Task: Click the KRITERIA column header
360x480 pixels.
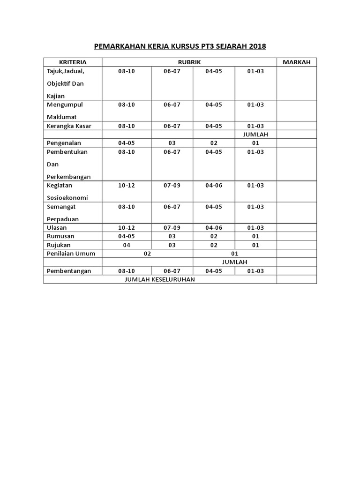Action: pos(73,62)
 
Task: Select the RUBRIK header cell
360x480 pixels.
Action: pos(189,62)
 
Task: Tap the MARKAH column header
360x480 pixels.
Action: pos(296,62)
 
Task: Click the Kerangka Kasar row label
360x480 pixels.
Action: pos(69,126)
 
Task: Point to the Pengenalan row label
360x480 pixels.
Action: pos(65,143)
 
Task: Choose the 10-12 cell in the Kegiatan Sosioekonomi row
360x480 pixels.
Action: pos(126,186)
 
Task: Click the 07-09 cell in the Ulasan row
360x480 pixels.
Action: pos(172,228)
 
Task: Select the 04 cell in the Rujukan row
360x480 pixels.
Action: pos(126,245)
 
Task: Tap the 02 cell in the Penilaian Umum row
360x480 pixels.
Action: pos(148,254)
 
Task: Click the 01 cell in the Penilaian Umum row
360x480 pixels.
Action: pos(235,254)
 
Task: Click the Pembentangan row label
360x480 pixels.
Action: pos(68,271)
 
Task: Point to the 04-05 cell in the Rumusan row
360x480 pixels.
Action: pos(126,236)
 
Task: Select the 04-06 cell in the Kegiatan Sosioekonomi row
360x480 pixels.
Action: pos(213,186)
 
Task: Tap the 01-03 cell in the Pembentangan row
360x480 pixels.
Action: pos(255,271)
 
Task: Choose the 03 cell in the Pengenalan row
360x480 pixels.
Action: pos(172,143)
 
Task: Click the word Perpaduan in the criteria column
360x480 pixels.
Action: pos(63,219)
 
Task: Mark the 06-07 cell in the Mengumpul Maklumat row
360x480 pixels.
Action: pos(172,105)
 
